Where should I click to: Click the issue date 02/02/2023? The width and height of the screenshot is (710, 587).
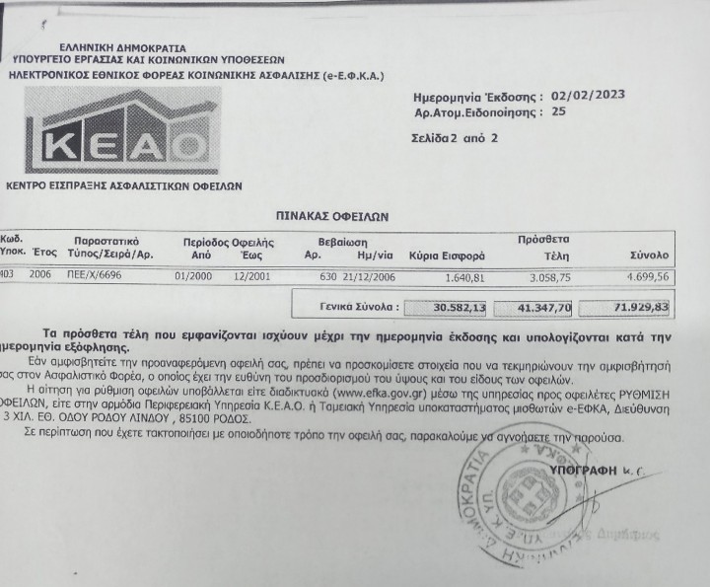587,97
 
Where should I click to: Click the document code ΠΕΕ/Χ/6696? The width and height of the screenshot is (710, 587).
99,276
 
